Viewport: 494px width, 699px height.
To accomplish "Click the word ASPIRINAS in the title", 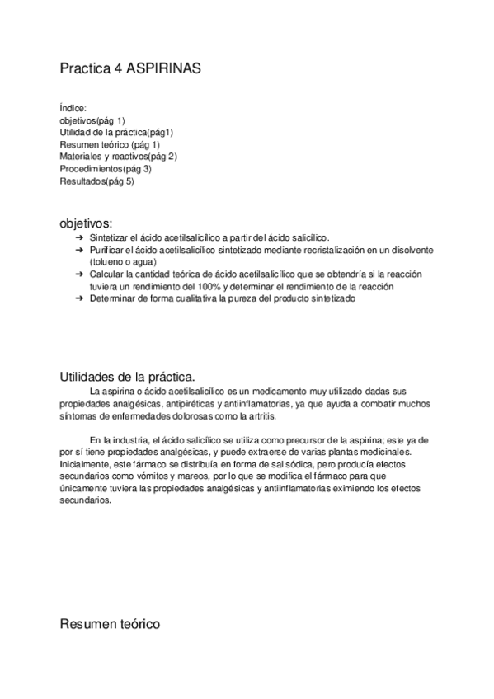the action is (163, 70).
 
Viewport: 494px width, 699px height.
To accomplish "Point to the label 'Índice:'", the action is (73, 107).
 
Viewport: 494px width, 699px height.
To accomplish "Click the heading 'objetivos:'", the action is (86, 223).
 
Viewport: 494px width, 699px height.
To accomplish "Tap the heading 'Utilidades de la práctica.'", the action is (128, 376).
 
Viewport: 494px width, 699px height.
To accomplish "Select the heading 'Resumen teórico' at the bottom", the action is (110, 624).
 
